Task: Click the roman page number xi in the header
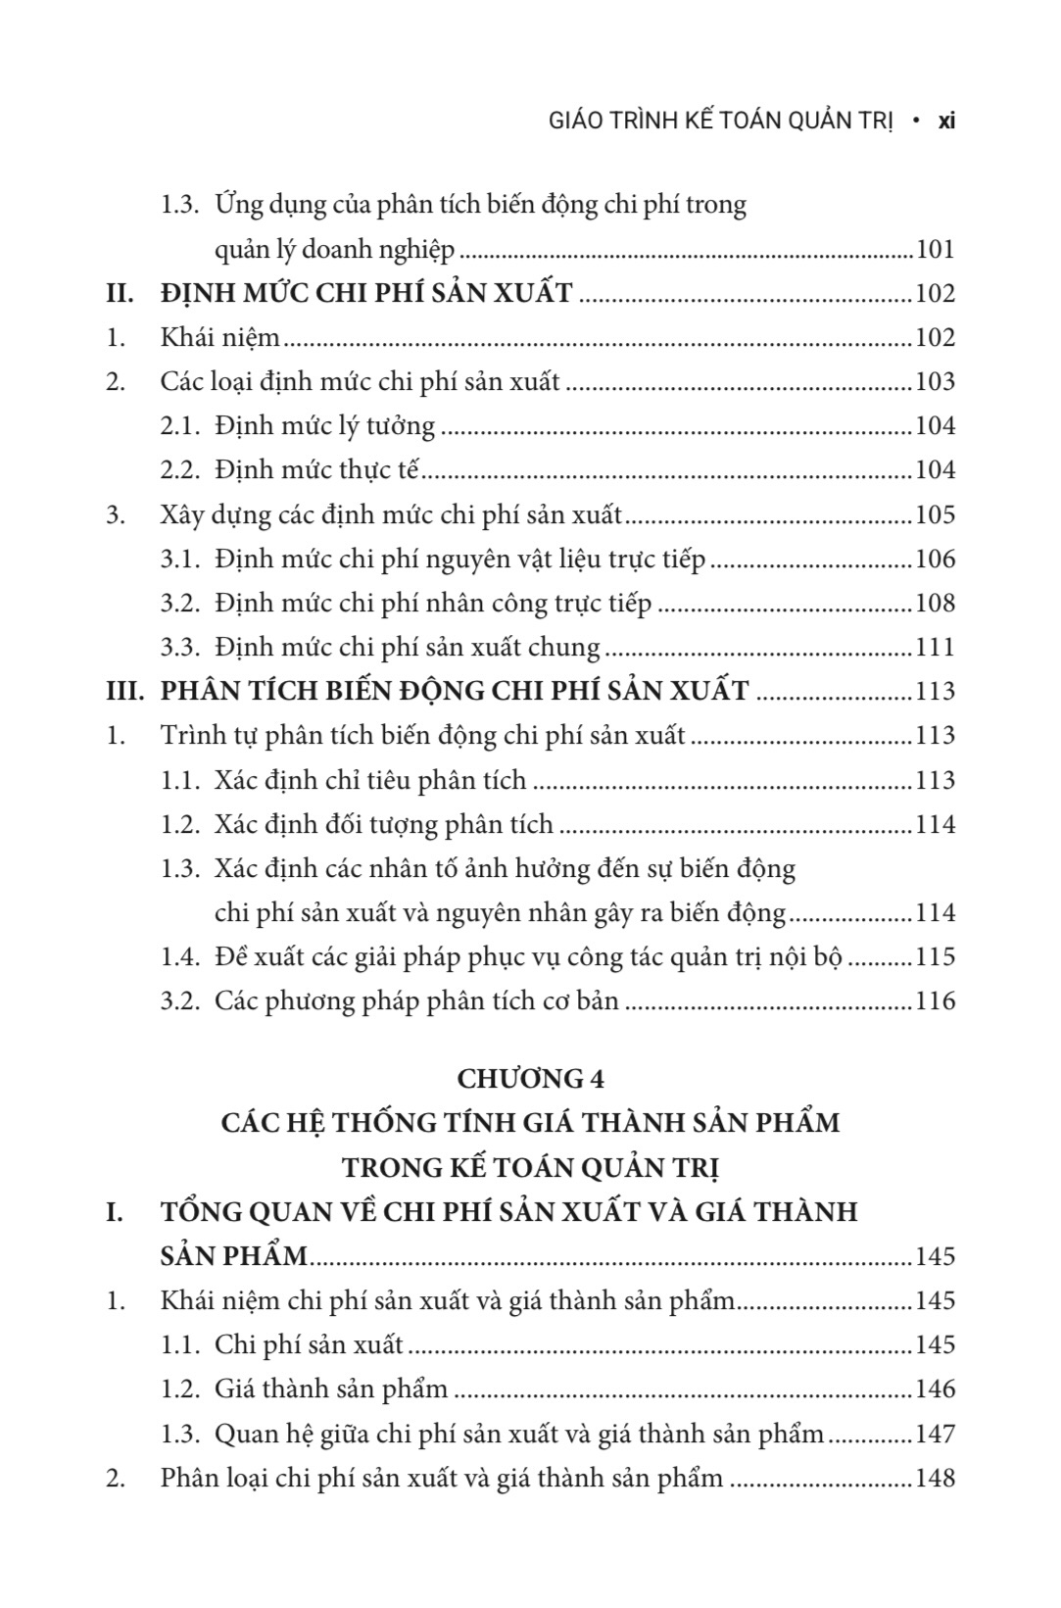pyautogui.click(x=946, y=121)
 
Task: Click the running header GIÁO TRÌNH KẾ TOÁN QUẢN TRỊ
pyautogui.click(x=707, y=121)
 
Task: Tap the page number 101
pyautogui.click(x=935, y=249)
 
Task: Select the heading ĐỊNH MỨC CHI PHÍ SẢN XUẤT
pyautogui.click(x=366, y=293)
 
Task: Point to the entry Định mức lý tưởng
pyautogui.click(x=324, y=426)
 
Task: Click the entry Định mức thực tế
pyautogui.click(x=316, y=470)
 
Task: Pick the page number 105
pyautogui.click(x=935, y=514)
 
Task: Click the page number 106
pyautogui.click(x=935, y=559)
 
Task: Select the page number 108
pyautogui.click(x=935, y=603)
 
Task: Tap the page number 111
pyautogui.click(x=935, y=647)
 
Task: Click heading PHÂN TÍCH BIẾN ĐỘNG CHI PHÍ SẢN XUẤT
pyautogui.click(x=455, y=691)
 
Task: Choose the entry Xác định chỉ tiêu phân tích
pyautogui.click(x=370, y=780)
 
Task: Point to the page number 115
pyautogui.click(x=935, y=956)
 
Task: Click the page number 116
pyautogui.click(x=935, y=1000)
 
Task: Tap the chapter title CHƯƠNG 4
pyautogui.click(x=530, y=1078)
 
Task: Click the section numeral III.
pyautogui.click(x=126, y=691)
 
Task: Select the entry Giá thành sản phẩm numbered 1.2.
pyautogui.click(x=331, y=1389)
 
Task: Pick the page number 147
pyautogui.click(x=935, y=1434)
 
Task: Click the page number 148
pyautogui.click(x=935, y=1478)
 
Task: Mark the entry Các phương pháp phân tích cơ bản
pyautogui.click(x=416, y=1000)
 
